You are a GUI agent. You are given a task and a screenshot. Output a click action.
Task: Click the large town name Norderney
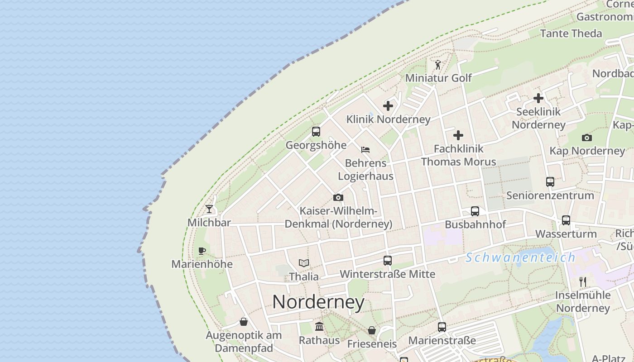(318, 302)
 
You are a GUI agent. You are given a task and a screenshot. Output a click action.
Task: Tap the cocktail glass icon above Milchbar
(209, 209)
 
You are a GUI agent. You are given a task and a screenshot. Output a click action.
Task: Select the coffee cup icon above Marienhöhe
(202, 251)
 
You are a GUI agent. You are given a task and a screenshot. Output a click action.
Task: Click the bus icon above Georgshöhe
(316, 132)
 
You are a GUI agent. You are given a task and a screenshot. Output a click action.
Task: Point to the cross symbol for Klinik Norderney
(388, 106)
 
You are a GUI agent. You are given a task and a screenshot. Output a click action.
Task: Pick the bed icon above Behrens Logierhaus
(365, 149)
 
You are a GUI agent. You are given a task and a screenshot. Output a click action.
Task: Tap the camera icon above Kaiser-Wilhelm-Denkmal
(338, 197)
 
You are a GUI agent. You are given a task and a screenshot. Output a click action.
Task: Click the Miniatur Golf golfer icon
(438, 65)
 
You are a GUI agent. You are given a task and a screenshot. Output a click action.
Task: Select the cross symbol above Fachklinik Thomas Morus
(458, 135)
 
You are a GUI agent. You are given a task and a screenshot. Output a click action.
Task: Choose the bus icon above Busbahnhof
(475, 211)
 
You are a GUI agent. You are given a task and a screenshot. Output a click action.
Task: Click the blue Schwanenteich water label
(520, 257)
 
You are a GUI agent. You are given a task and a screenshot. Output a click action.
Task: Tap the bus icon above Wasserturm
(566, 220)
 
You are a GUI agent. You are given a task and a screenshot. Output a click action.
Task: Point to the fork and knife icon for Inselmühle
(583, 282)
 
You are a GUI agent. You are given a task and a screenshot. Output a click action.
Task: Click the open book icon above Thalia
(303, 263)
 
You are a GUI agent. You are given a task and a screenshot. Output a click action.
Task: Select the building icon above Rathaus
(319, 326)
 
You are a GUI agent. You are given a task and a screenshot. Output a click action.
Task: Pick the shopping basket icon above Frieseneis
(371, 330)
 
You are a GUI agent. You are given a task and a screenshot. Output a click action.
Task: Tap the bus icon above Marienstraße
(442, 327)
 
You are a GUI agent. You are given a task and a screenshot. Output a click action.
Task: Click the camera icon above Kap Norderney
(586, 138)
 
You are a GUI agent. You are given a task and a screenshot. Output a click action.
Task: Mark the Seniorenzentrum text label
(550, 195)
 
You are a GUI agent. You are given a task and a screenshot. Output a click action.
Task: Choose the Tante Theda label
(571, 33)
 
